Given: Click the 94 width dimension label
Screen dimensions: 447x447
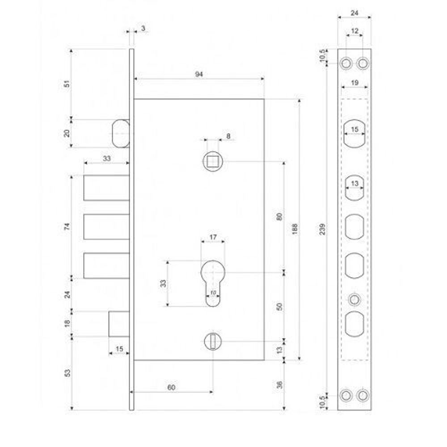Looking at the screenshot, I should (x=199, y=75).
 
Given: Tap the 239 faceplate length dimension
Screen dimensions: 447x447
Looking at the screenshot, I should (x=323, y=228).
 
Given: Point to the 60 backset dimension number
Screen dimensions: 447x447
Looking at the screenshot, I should (x=171, y=387).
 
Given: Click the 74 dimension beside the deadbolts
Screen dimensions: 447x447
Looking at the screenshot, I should (x=67, y=226).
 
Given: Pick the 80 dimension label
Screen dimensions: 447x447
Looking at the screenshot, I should (x=279, y=216).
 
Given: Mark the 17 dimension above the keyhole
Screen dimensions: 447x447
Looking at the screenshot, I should (x=213, y=236).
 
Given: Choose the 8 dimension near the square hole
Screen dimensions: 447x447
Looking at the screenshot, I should (x=228, y=135).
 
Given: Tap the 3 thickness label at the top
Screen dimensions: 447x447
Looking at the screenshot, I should (x=143, y=28).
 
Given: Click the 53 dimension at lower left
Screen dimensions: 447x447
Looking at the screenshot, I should (x=67, y=372).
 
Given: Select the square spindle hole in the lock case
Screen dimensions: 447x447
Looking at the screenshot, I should (x=212, y=161).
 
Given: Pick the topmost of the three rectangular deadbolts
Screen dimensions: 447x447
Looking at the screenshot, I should (x=106, y=187).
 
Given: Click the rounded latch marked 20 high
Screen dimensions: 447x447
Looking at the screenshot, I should (x=120, y=133).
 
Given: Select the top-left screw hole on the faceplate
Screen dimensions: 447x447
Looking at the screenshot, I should (x=346, y=63).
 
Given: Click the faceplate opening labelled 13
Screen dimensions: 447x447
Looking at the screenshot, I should (x=354, y=188).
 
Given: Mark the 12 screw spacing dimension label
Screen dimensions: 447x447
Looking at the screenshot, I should (x=354, y=31).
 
